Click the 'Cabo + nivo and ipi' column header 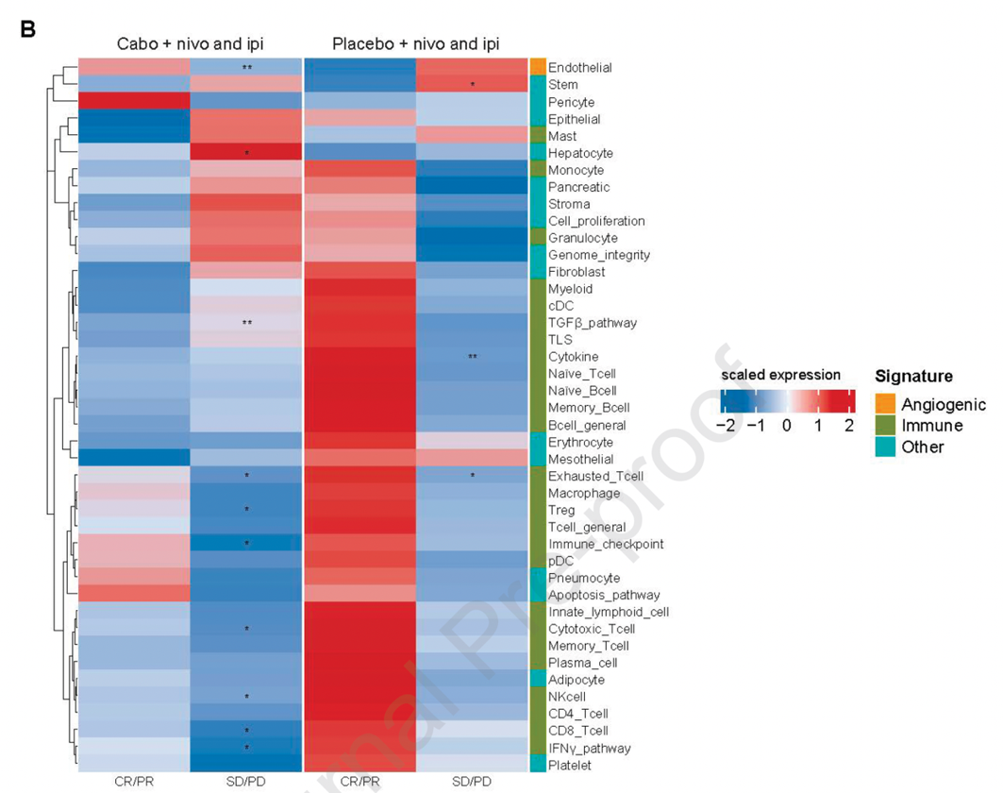[x=190, y=44]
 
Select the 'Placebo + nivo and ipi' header [x=415, y=44]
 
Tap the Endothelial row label [x=579, y=68]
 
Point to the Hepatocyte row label [x=580, y=153]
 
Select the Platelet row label [x=570, y=765]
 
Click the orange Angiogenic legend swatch [x=883, y=405]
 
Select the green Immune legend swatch [x=883, y=426]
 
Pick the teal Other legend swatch [x=883, y=447]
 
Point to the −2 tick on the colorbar [x=725, y=426]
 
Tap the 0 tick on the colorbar [x=785, y=426]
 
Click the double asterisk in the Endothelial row [x=246, y=68]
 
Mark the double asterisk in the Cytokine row [x=472, y=357]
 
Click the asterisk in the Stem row [x=472, y=86]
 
